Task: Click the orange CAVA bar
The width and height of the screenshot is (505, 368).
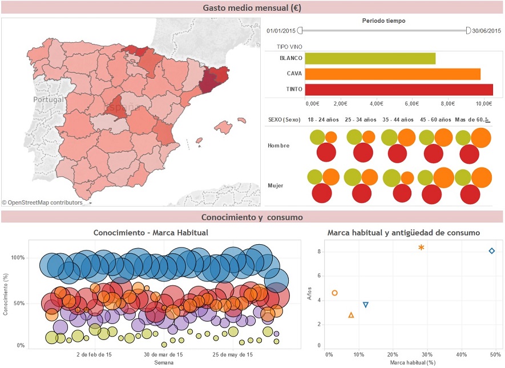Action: (x=393, y=74)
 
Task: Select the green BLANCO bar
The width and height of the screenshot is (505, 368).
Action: (x=370, y=58)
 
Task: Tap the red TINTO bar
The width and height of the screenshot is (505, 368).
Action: (x=399, y=90)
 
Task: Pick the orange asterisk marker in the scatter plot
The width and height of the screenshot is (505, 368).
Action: (x=421, y=248)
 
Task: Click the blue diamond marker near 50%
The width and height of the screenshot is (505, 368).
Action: (x=492, y=251)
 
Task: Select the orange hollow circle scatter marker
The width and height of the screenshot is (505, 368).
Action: (x=335, y=293)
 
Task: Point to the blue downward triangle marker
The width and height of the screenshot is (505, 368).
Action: (x=366, y=305)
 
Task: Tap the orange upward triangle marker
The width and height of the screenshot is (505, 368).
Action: (x=351, y=315)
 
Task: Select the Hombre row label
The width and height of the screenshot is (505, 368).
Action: (x=278, y=145)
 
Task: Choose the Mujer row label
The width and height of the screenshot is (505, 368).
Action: (x=276, y=185)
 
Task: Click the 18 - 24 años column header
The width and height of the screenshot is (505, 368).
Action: (x=323, y=120)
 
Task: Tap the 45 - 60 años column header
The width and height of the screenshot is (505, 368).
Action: (x=435, y=120)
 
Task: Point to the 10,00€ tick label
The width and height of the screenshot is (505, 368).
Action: (x=484, y=103)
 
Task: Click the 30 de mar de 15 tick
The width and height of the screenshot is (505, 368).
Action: (x=163, y=355)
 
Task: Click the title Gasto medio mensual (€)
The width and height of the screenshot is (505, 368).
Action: (x=252, y=8)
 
